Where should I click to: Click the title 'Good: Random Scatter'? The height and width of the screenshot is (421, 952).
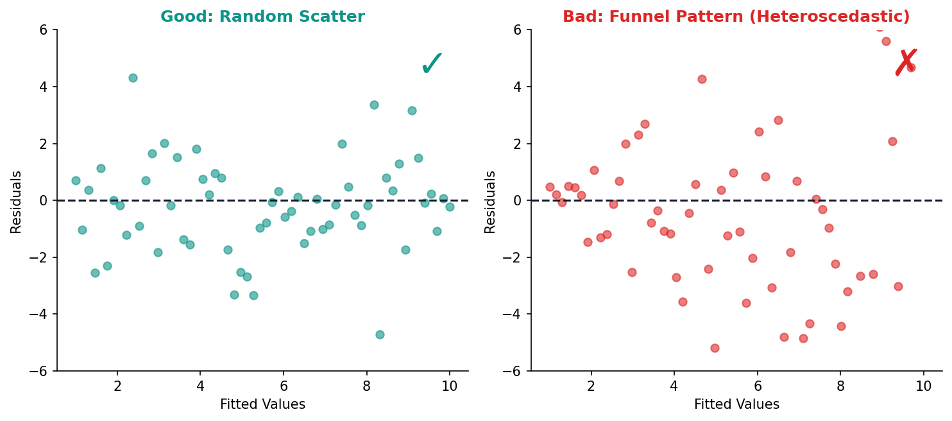pos(262,17)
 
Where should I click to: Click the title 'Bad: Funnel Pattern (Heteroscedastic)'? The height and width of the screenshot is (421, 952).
pos(736,17)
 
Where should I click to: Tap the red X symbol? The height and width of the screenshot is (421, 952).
pos(906,62)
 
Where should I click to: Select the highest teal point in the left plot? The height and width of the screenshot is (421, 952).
pos(133,78)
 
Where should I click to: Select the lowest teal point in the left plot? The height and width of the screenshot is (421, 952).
pos(380,334)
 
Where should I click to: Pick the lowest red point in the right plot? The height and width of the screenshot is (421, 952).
pos(715,348)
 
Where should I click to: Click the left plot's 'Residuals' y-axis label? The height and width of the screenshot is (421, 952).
pos(17,202)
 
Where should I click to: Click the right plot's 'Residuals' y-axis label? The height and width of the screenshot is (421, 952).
pos(491,202)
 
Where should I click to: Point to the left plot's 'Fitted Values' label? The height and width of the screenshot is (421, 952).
pos(262,405)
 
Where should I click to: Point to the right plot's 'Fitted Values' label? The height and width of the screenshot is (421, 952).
pos(736,405)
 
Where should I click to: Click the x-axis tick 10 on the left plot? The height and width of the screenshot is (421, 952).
pos(449,386)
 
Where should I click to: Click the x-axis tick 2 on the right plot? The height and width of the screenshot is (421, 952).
pos(591,386)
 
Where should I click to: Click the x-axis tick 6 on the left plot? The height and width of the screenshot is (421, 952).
pos(283,386)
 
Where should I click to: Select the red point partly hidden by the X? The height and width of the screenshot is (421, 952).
pos(911,67)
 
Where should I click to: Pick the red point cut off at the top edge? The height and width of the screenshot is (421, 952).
pos(880,28)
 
